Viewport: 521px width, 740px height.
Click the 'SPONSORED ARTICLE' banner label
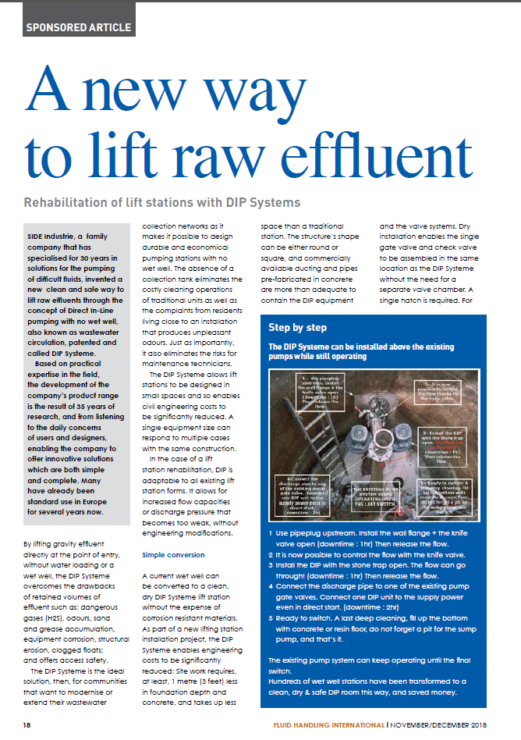[x=79, y=27]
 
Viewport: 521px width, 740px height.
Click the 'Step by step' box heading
[x=298, y=327]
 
